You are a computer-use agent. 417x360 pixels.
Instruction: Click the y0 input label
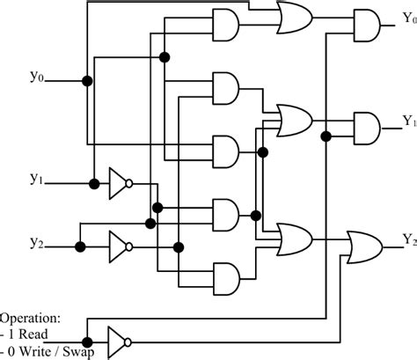click(x=36, y=77)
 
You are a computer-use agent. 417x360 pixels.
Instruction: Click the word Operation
click(x=30, y=318)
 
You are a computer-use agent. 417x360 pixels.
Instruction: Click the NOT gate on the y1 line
click(x=117, y=184)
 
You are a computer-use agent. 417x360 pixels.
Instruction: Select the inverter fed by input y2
click(x=117, y=242)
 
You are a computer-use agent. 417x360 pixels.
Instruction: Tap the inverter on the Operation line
click(x=117, y=340)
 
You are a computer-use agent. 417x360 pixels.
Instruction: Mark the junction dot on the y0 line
click(x=86, y=82)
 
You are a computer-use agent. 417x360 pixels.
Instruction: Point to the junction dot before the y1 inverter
click(x=93, y=184)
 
